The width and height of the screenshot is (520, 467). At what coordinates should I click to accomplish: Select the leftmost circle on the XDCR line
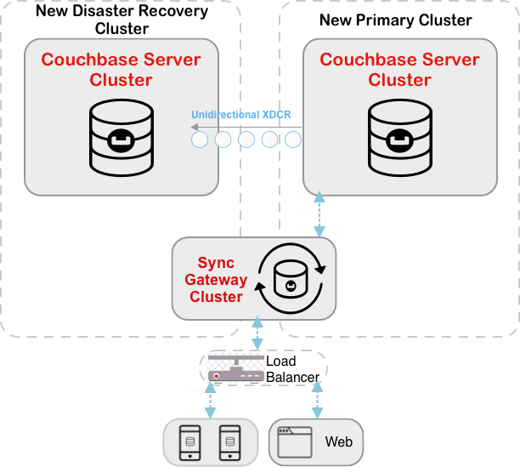200,140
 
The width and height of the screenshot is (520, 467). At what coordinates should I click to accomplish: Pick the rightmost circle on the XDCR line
293,140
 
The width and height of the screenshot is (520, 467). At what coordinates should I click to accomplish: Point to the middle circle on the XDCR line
246,140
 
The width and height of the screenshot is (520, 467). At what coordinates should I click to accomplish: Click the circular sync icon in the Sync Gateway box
291,278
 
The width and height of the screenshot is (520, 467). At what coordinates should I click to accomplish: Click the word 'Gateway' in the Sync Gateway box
218,280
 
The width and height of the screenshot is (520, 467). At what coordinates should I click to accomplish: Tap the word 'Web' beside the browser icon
338,441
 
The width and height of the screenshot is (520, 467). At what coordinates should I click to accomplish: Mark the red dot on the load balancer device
217,375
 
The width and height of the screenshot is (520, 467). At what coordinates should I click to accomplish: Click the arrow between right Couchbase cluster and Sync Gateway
319,214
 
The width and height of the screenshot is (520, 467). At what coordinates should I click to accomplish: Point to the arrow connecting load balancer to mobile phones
211,399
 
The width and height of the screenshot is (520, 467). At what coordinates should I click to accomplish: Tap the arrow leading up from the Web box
317,399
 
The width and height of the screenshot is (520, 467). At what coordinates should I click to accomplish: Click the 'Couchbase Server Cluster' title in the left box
122,70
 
